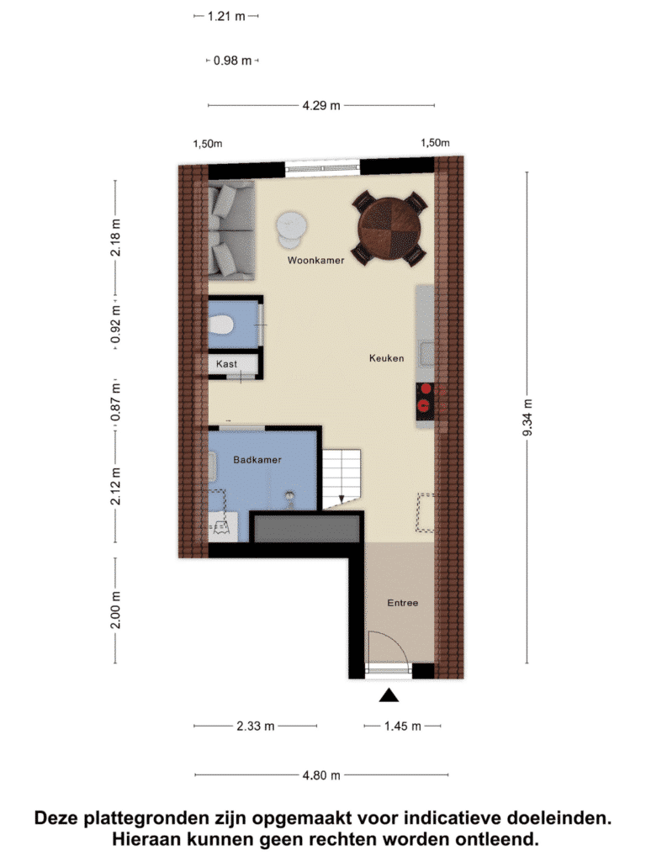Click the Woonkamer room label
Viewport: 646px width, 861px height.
tap(316, 261)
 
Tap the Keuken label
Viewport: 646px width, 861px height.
tap(387, 358)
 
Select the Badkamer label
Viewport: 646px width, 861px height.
tap(257, 460)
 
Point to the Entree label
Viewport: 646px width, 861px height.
tap(403, 603)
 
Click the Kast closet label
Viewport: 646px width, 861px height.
tap(226, 364)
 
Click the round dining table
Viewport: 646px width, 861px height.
tap(389, 229)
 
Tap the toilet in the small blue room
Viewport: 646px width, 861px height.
tap(221, 325)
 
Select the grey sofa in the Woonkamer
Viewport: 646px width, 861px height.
tap(231, 230)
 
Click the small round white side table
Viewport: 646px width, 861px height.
tap(291, 229)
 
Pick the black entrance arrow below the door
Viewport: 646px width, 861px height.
tap(389, 695)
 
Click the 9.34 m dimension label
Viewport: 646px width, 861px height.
tap(527, 418)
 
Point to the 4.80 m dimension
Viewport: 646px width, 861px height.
tap(321, 775)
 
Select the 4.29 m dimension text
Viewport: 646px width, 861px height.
tap(321, 105)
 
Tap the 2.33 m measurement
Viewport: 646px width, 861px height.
tap(256, 726)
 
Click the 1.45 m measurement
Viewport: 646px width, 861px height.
tap(403, 726)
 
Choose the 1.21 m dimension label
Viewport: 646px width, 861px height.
tap(226, 17)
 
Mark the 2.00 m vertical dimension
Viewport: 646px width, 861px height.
tap(115, 610)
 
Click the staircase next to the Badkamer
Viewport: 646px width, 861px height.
tap(342, 478)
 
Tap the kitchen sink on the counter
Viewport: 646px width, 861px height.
tap(426, 353)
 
